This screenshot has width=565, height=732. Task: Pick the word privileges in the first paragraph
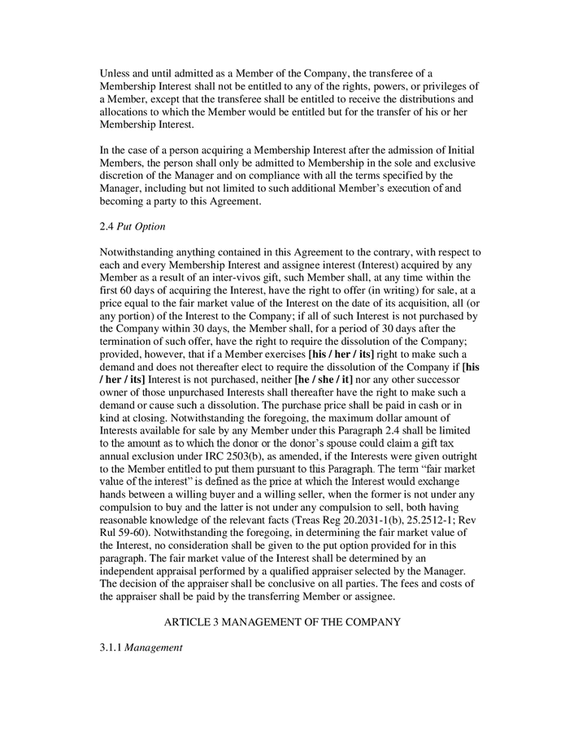click(x=444, y=86)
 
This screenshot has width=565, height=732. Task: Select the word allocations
click(x=127, y=112)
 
